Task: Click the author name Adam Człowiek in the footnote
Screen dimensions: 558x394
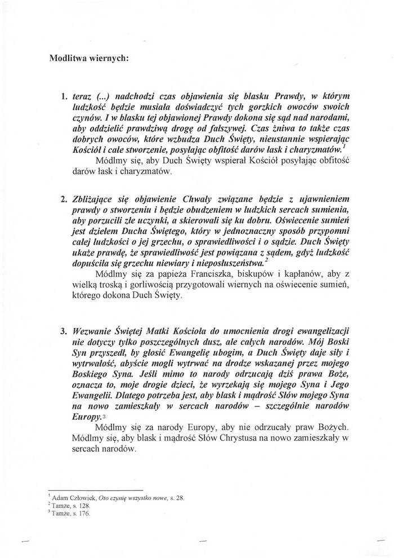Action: click(x=74, y=498)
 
